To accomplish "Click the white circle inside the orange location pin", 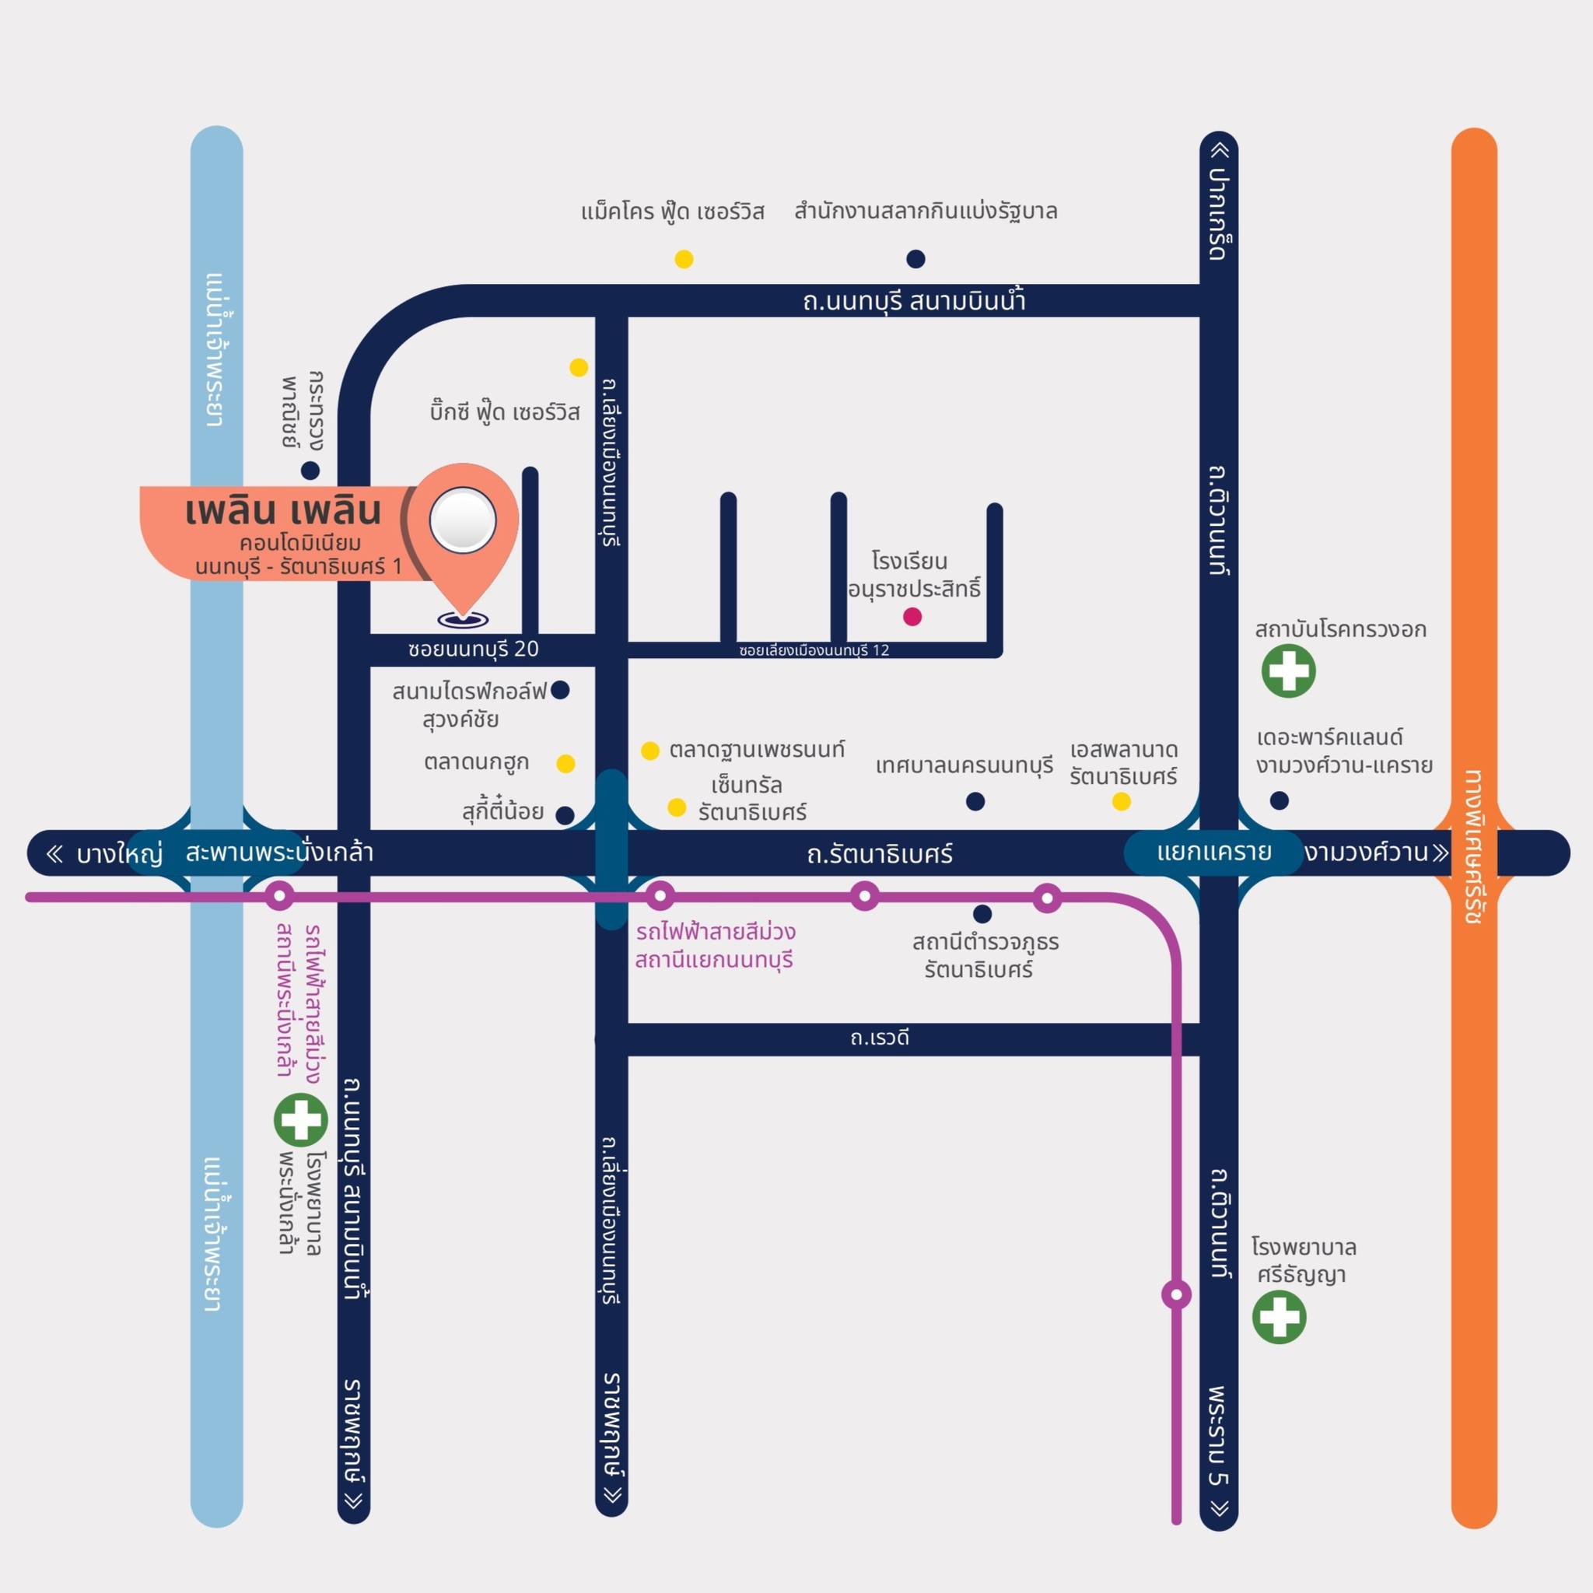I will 463,520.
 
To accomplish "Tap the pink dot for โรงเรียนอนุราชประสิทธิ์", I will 912,616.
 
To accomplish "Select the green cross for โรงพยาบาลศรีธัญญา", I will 1279,1317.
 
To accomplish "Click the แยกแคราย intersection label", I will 1213,852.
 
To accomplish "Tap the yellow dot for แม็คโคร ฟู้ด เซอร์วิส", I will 684,259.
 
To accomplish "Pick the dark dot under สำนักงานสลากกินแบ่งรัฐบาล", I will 916,259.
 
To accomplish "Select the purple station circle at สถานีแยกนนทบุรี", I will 660,896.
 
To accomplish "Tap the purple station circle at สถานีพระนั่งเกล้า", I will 278,896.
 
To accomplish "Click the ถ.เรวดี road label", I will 880,1038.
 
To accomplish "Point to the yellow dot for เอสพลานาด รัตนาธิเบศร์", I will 1122,800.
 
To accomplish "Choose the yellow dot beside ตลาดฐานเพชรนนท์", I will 649,751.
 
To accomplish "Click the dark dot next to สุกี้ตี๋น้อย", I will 565,815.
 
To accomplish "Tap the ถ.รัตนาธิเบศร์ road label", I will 880,854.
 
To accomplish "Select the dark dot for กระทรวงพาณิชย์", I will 310,471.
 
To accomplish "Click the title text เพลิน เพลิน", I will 284,511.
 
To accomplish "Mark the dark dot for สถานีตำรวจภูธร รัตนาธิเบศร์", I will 982,914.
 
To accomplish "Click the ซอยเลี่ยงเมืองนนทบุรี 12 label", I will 814,650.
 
